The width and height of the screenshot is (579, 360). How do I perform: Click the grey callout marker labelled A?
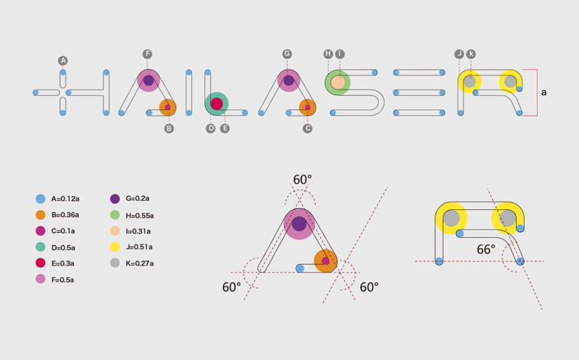[x=63, y=61]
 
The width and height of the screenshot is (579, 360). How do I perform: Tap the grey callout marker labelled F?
[x=148, y=54]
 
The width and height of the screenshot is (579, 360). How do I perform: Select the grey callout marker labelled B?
[x=169, y=129]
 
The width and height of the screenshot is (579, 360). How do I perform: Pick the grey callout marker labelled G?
[x=287, y=54]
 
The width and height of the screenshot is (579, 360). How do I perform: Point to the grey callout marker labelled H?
[x=328, y=54]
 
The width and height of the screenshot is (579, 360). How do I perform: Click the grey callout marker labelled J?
[x=459, y=54]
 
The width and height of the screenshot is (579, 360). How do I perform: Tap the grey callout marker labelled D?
[x=211, y=129]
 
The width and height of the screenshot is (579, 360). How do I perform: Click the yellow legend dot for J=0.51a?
[x=115, y=247]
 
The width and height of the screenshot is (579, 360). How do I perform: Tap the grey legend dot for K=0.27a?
[x=115, y=263]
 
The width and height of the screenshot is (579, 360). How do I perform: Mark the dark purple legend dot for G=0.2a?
[x=115, y=198]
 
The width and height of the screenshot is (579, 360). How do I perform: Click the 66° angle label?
[x=486, y=249]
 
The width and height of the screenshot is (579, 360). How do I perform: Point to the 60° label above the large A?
[x=303, y=180]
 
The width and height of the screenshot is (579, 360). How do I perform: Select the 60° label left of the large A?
[x=231, y=287]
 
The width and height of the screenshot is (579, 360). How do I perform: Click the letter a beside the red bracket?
[x=544, y=93]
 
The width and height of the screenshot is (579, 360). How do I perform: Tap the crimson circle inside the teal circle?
[x=217, y=104]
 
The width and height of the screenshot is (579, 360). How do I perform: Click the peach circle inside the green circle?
[x=338, y=82]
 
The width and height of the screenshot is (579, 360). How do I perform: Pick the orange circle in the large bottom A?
[x=326, y=261]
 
